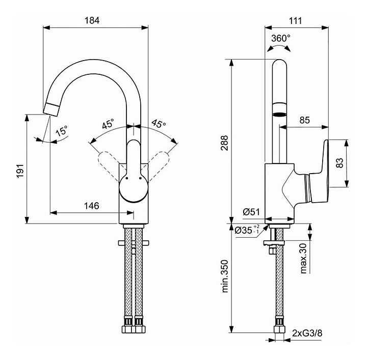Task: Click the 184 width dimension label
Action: point(92,20)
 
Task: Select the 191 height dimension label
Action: point(20,171)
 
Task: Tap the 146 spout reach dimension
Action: point(92,206)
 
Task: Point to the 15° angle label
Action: point(62,131)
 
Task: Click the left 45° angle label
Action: point(108,124)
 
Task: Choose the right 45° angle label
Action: point(159,123)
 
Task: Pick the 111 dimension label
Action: point(295,21)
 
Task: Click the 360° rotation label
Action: point(281,38)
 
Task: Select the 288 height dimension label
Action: point(224,143)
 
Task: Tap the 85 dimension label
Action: point(304,120)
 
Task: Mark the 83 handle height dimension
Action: point(339,163)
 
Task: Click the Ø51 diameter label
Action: point(251,212)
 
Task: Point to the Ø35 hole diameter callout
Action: point(247,230)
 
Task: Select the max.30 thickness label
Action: point(303,258)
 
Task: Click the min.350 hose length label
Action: point(225,276)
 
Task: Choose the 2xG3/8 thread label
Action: point(307,333)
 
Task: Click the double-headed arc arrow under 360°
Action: point(279,46)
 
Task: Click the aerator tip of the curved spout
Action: point(51,109)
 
